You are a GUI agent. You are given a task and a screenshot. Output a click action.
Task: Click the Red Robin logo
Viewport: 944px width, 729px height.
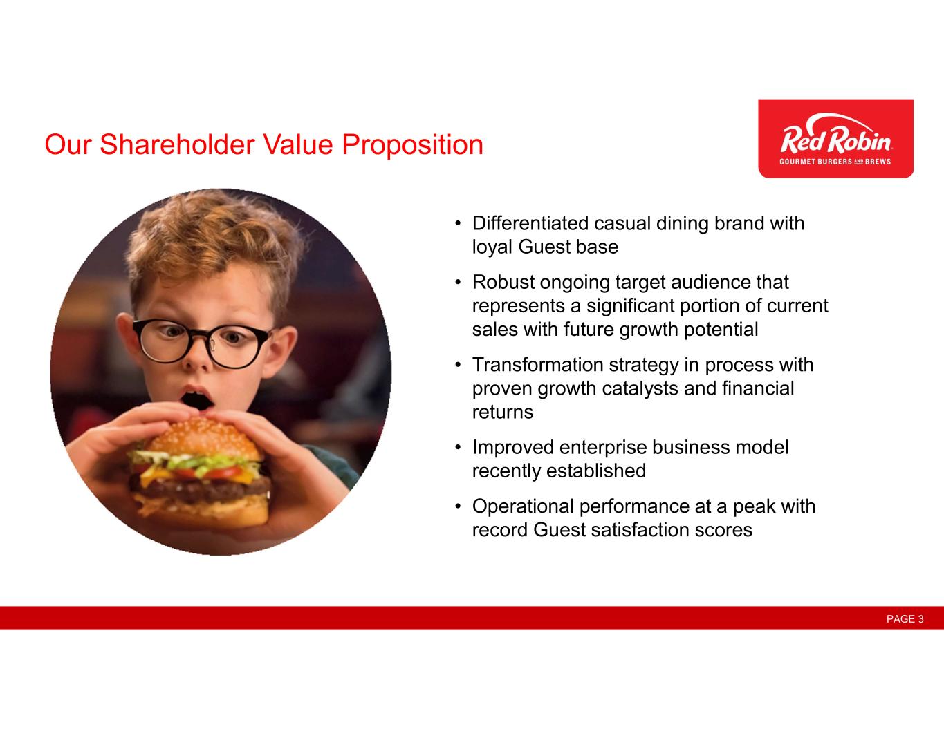[836, 138]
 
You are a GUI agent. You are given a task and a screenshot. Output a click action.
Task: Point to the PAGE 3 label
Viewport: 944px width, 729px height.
[905, 618]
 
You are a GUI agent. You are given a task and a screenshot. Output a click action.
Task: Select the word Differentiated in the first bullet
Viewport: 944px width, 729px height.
[530, 223]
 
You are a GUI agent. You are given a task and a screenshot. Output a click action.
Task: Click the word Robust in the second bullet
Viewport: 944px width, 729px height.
[503, 282]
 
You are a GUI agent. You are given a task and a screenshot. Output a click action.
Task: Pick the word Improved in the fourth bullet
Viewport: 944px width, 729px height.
[513, 447]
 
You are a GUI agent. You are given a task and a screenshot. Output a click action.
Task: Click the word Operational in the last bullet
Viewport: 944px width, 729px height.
[523, 506]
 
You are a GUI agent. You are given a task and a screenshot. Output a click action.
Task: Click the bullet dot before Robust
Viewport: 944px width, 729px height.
[457, 283]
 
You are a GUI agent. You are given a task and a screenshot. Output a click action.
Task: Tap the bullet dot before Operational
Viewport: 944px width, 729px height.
[457, 506]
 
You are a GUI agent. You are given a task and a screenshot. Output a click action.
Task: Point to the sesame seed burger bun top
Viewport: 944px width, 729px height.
[203, 437]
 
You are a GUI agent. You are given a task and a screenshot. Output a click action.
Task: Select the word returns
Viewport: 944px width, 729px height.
[503, 413]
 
